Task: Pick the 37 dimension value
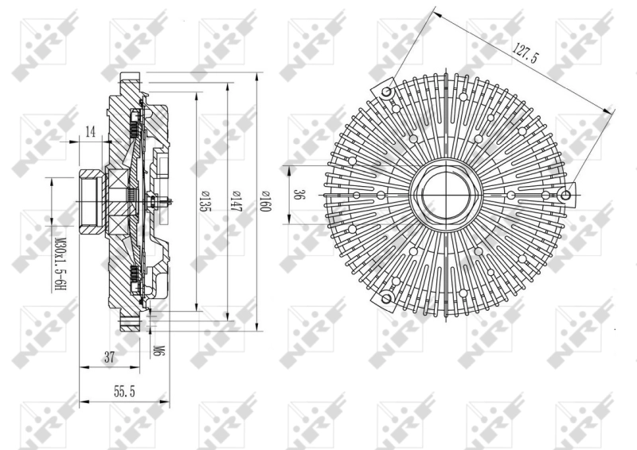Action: pos(110,358)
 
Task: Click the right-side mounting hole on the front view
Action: pos(566,195)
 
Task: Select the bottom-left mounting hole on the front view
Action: pos(387,298)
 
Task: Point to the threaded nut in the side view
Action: pos(89,196)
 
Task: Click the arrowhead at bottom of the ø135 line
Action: pos(197,307)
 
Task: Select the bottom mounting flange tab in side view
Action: pos(128,323)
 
